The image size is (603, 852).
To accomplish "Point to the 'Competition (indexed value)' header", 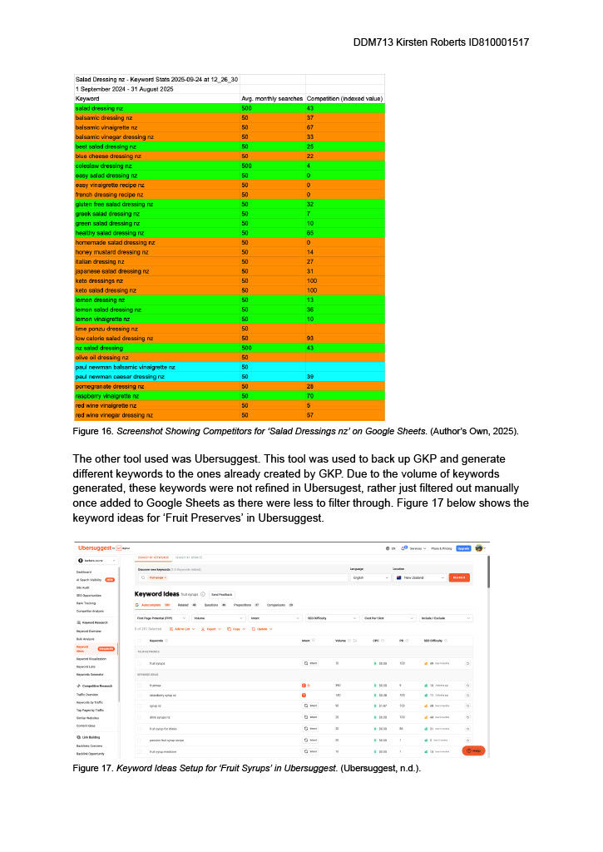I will pos(344,98).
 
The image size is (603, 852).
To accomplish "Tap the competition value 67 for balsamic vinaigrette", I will pos(310,127).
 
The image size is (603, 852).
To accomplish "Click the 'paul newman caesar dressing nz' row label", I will pos(120,376).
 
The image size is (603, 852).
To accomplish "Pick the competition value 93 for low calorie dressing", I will pos(310,338).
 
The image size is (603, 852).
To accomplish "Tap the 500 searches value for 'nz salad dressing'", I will pos(247,347).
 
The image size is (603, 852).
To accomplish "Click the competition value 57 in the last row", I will pos(310,414).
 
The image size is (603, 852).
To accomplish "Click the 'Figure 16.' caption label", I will pos(93,432).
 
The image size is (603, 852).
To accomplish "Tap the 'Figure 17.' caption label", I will pos(93,768).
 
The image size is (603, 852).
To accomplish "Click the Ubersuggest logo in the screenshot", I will pos(98,547).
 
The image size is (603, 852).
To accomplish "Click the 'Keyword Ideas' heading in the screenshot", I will pos(156,593).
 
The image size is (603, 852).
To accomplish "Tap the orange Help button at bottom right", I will pos(472,750).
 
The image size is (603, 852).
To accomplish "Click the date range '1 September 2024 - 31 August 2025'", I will pos(125,88).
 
